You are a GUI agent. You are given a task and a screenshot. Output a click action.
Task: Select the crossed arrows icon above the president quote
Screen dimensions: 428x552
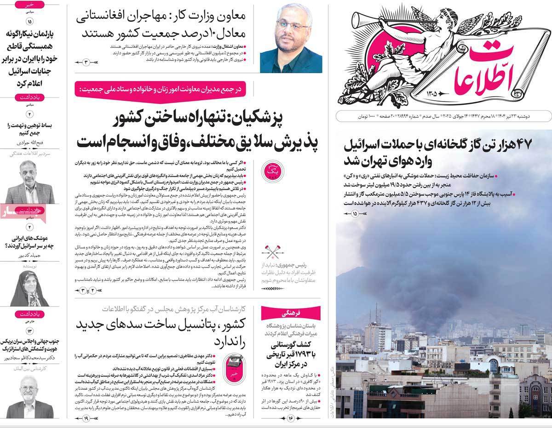pyautogui.click(x=273, y=251)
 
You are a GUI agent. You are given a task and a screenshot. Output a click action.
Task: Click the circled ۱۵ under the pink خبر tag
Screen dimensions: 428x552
pyautogui.click(x=30, y=22)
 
